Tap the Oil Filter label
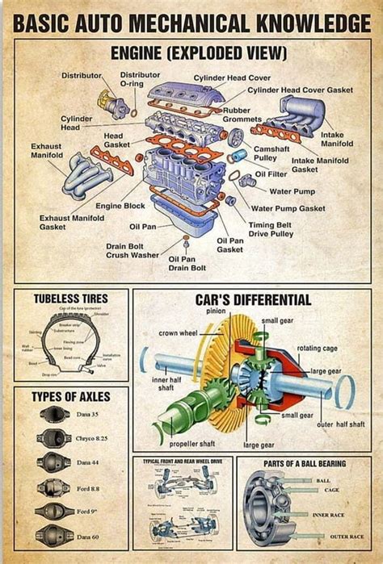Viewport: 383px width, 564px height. (x=271, y=173)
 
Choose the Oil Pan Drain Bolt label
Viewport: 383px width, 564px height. (x=187, y=263)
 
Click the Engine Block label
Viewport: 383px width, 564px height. (x=120, y=206)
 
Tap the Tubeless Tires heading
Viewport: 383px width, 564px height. (x=70, y=299)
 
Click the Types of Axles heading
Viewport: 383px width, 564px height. (x=69, y=397)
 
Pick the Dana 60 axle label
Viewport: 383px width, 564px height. (x=88, y=537)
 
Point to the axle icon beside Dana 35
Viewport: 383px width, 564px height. (x=54, y=414)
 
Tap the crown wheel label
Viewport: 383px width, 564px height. (x=179, y=332)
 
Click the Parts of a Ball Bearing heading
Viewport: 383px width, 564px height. (x=304, y=464)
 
